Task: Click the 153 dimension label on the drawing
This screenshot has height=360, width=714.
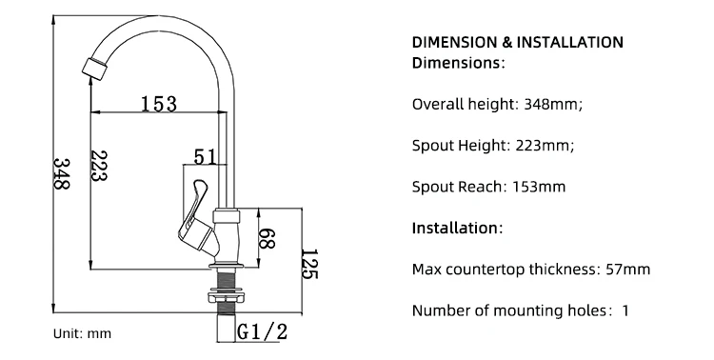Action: (158, 104)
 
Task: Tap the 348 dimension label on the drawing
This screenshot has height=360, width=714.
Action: (63, 173)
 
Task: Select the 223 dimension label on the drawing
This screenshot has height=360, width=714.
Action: (98, 166)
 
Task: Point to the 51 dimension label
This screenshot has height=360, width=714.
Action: (206, 156)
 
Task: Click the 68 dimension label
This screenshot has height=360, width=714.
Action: (268, 238)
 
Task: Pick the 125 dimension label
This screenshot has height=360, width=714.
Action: (309, 264)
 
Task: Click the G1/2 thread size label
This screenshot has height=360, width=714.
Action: (263, 331)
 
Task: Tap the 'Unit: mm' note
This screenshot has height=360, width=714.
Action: (82, 333)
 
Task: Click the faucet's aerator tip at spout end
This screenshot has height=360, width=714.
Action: (94, 67)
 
